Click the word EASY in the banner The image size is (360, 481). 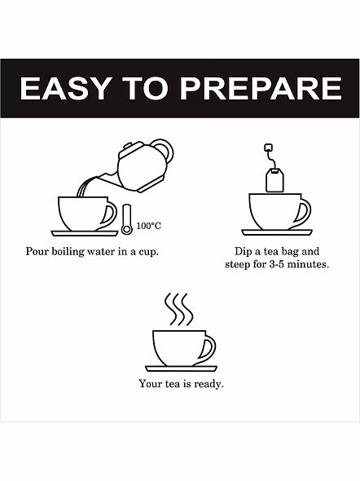pos(64,88)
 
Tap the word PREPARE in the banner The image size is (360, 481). pos(261,88)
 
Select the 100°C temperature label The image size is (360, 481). pos(148,226)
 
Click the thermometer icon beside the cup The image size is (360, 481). pos(127,219)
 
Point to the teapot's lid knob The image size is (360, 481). pos(128,146)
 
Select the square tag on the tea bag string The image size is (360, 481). pos(269,148)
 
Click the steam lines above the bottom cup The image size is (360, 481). pos(179,309)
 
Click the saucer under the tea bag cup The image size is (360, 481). pos(277,232)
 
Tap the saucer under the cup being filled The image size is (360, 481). pos(85,233)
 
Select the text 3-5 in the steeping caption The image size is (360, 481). pos(276,264)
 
